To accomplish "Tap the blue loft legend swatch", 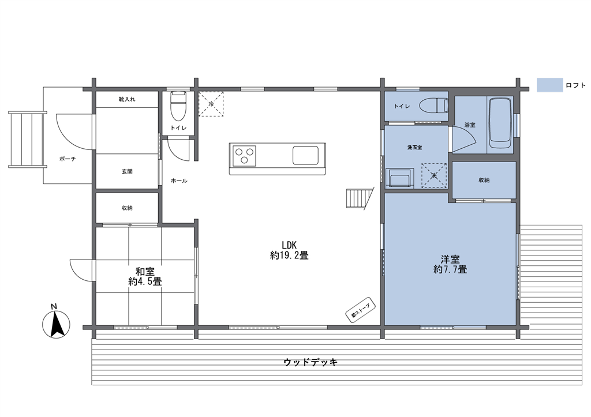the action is point(549,85).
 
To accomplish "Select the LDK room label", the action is point(290,250).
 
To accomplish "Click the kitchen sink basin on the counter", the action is point(305,155).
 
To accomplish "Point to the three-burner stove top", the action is point(244,156).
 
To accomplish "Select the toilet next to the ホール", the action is point(178,105).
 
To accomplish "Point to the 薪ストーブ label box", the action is point(361,310).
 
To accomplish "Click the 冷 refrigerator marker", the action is point(211,104).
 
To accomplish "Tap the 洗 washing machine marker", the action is point(434,175).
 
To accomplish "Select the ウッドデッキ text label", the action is point(310,362).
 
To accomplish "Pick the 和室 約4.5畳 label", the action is point(145,276).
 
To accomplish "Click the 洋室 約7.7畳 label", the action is point(450,264).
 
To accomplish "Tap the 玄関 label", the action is point(127,172).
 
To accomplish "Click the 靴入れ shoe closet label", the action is point(127,99).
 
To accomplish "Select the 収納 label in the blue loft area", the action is point(484,180).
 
